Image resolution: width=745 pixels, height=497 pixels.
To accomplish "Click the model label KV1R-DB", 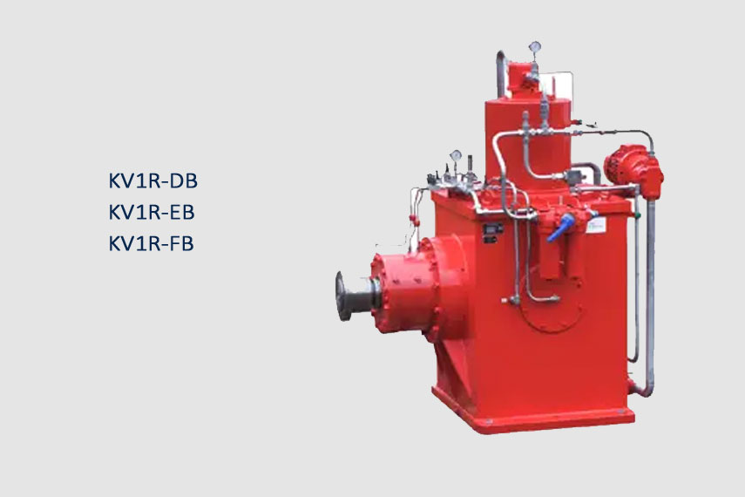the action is (x=153, y=180).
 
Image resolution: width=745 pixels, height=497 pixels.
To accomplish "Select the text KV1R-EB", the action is (x=152, y=212).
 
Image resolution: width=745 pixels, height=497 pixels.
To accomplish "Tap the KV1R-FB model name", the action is (x=151, y=243).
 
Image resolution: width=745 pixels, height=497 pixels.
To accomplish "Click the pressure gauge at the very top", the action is (x=534, y=46).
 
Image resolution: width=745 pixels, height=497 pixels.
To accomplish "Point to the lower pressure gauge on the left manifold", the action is (x=456, y=155).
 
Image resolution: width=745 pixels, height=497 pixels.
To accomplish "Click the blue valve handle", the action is (x=560, y=228).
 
